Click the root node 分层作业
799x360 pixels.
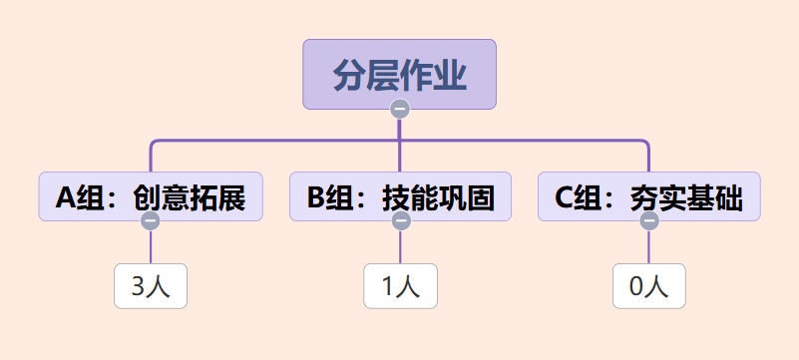tap(399, 75)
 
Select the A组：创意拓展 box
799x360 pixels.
tap(151, 196)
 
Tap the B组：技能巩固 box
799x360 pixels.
tap(401, 196)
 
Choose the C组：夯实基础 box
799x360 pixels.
tap(649, 196)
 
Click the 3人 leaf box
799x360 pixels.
tap(151, 286)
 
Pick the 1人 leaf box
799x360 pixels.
tap(401, 286)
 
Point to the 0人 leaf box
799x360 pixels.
tap(649, 286)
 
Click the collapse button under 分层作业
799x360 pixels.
tap(400, 109)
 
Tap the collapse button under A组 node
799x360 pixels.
tap(151, 221)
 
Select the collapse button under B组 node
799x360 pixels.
tap(402, 221)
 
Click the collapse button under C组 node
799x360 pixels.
tap(649, 221)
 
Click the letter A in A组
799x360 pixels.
tap(66, 197)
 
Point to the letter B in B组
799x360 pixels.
tap(316, 197)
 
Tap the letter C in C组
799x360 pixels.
tap(565, 197)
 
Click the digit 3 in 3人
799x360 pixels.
tap(139, 287)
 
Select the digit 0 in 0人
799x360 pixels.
tap(637, 287)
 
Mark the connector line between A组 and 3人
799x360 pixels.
tap(151, 247)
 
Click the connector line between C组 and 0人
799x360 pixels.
tap(648, 247)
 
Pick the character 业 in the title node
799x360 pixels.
tap(451, 76)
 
